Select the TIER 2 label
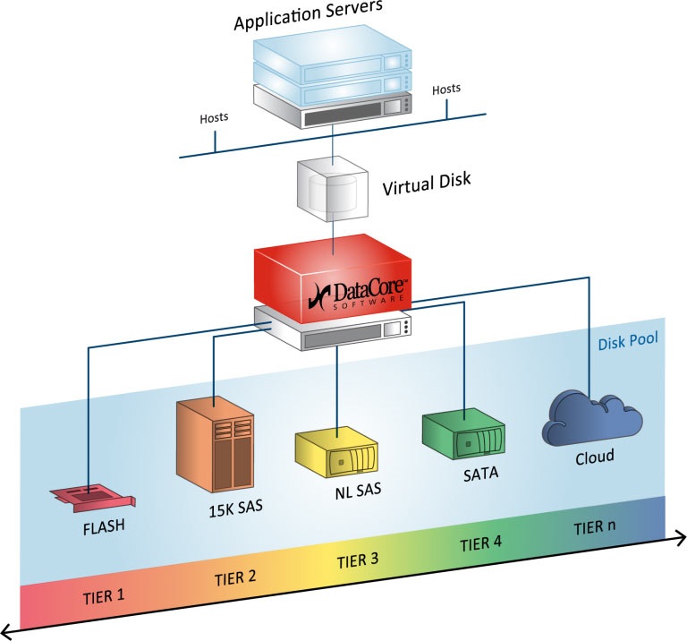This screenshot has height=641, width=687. coord(235,576)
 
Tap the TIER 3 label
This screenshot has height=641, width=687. coord(357,561)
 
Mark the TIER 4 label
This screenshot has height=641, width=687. coord(481,543)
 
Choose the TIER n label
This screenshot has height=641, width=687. coord(594,527)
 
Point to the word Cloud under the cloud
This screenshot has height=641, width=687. coord(594,457)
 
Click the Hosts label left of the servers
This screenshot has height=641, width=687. coord(214,116)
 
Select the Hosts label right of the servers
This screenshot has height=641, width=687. coord(446,89)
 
